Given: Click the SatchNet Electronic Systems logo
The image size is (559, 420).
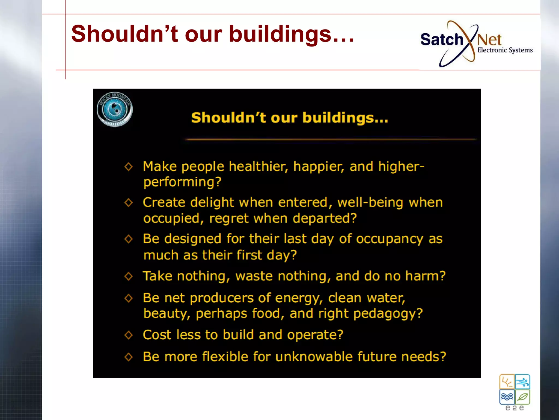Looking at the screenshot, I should (476, 44).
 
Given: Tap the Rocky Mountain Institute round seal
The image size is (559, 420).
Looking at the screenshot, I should (115, 109).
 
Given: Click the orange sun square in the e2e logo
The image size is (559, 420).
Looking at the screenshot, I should (507, 382).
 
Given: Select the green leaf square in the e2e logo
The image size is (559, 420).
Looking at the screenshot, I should (523, 397).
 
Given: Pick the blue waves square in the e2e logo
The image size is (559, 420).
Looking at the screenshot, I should (507, 397).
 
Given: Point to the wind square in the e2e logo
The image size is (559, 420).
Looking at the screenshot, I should (523, 382).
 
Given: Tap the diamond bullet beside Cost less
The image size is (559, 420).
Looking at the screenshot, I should (128, 335).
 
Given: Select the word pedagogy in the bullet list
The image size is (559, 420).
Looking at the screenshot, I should (388, 314).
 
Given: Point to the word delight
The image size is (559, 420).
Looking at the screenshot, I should (212, 203).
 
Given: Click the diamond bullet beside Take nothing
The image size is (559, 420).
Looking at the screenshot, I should (128, 276).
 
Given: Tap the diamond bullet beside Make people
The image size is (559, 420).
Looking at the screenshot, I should (128, 167).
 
